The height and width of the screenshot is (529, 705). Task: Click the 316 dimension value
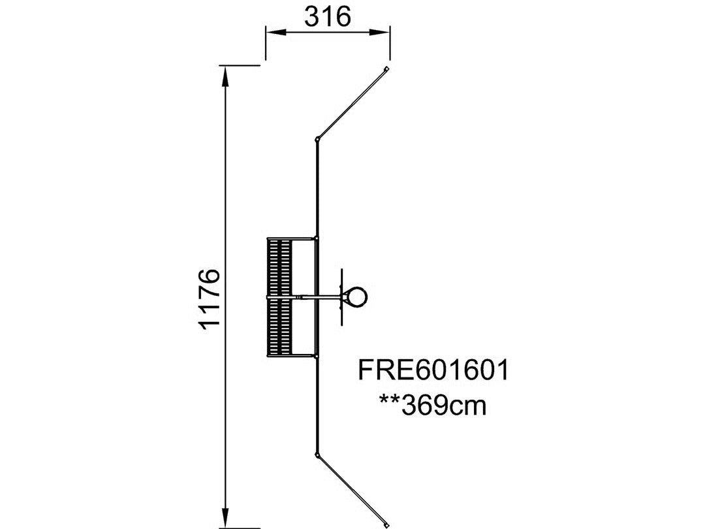click(x=327, y=17)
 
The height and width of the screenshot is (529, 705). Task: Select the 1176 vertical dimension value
click(x=210, y=300)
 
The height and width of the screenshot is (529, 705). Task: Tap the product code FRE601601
click(x=433, y=370)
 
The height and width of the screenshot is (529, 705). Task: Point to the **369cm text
click(x=433, y=406)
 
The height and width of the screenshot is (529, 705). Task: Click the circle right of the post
click(x=358, y=297)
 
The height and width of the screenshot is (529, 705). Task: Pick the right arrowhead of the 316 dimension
click(x=380, y=31)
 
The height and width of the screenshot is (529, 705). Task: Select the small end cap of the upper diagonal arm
click(x=386, y=69)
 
